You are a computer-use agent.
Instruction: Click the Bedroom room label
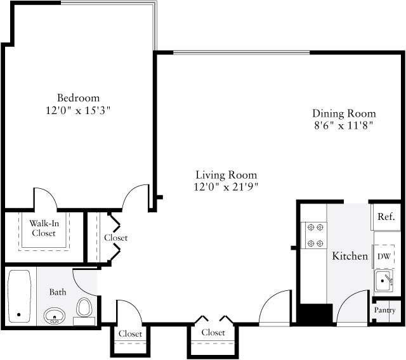pos(78,98)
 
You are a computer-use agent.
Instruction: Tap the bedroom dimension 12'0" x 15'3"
pos(78,110)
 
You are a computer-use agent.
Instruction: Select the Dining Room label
pos(344,113)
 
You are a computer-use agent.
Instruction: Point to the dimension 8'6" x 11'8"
pos(344,125)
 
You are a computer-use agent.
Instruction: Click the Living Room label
pos(226,174)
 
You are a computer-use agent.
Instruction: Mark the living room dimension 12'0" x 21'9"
pos(226,186)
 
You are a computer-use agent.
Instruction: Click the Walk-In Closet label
pos(44,228)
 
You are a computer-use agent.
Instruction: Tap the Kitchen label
pos(350,256)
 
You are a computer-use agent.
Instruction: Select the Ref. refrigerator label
pos(386,217)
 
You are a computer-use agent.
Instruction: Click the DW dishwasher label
pos(384,257)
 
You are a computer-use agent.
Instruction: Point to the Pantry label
pos(384,311)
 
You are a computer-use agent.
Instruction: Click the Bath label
pos(58,292)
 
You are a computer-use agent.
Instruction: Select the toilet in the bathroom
pos(84,308)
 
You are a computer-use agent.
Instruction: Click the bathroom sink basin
pos(55,315)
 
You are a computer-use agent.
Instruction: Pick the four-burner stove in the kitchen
pos(313,235)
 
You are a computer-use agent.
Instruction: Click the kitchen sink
pos(384,280)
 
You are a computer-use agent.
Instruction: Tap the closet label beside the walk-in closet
pos(115,238)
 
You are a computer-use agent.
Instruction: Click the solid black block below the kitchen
pos(315,314)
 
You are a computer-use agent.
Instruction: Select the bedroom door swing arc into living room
pos(134,197)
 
